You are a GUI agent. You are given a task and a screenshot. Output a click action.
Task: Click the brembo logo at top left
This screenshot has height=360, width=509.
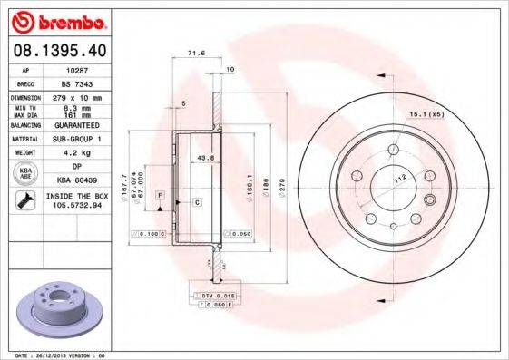pyautogui.click(x=57, y=21)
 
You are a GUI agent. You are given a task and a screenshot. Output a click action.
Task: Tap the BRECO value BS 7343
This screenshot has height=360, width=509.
pyautogui.click(x=76, y=82)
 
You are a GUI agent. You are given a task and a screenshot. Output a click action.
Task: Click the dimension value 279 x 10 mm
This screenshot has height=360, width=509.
pyautogui.click(x=76, y=96)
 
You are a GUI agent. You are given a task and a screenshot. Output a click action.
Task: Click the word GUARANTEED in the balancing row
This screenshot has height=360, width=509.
pyautogui.click(x=76, y=126)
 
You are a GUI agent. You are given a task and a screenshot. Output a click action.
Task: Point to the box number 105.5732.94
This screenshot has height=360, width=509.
pyautogui.click(x=76, y=205)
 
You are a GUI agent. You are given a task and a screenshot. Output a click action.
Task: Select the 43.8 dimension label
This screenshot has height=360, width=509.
pyautogui.click(x=205, y=158)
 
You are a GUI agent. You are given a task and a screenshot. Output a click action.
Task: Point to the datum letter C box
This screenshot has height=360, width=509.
pyautogui.click(x=197, y=201)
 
